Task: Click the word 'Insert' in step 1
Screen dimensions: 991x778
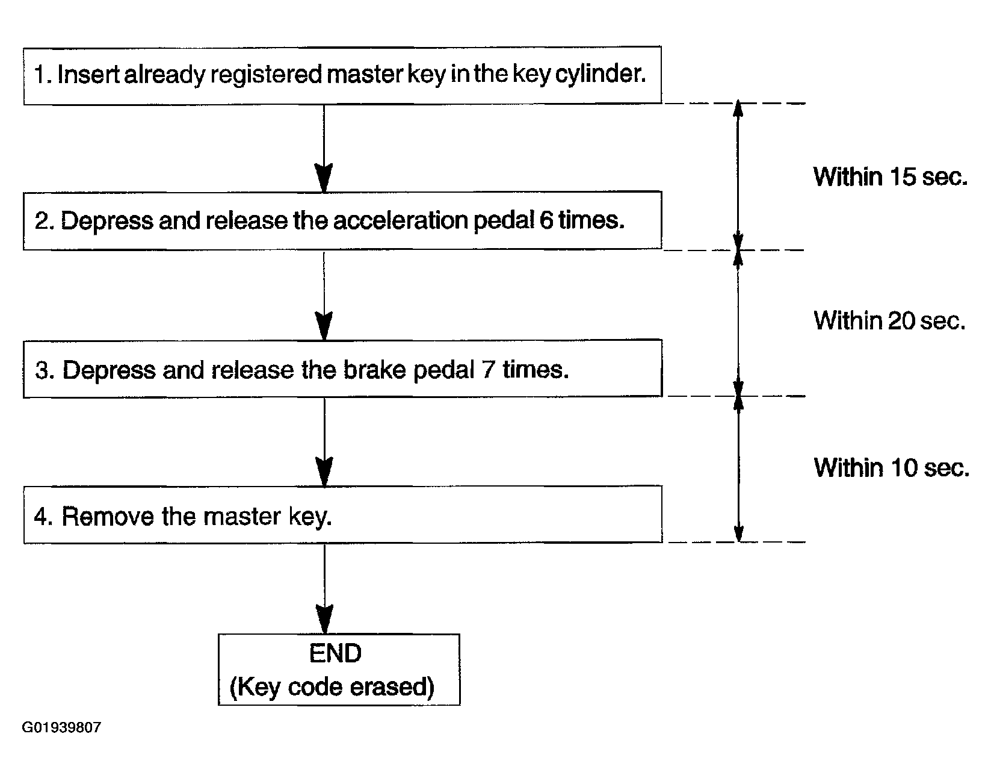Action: tap(88, 74)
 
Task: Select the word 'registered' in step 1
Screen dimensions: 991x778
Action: tap(267, 75)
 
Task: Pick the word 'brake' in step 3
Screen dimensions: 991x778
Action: tap(374, 369)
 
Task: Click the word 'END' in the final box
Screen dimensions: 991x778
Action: tap(335, 653)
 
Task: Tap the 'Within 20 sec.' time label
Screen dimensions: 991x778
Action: tap(889, 320)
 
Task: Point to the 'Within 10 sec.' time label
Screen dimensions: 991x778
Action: tap(891, 468)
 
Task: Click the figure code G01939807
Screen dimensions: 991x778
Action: tap(61, 727)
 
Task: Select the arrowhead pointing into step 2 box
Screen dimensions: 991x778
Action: tap(324, 178)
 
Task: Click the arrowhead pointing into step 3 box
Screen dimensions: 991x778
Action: tap(324, 326)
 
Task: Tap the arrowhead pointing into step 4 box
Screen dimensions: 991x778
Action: tap(324, 472)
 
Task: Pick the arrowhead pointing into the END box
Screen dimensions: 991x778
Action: tap(324, 620)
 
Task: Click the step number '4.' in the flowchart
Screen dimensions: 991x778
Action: tap(43, 516)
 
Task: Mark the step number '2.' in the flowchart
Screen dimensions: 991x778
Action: tap(45, 220)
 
